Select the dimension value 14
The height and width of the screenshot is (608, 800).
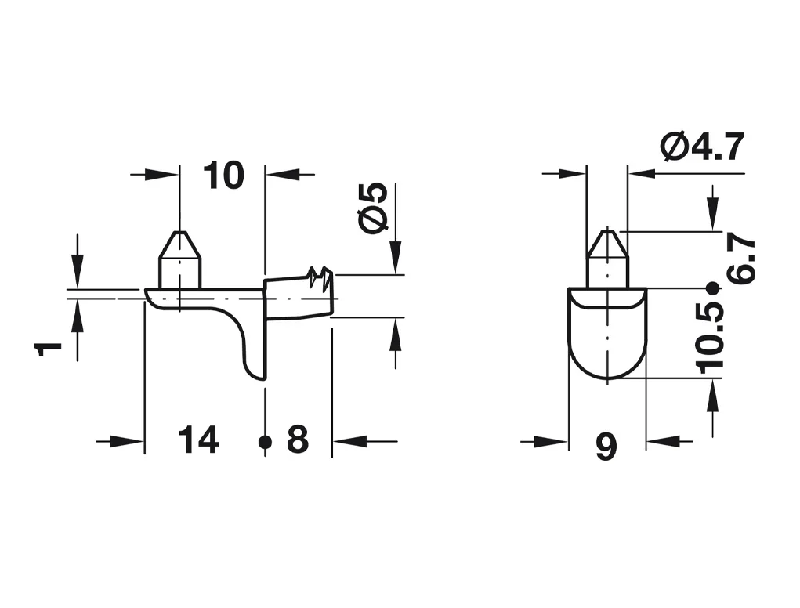point(199,440)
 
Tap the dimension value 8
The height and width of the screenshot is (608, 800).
point(298,440)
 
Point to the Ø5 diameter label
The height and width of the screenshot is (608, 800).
point(374,208)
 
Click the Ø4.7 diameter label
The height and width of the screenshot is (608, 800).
point(702,147)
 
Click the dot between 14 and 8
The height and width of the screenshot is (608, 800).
point(265,442)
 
